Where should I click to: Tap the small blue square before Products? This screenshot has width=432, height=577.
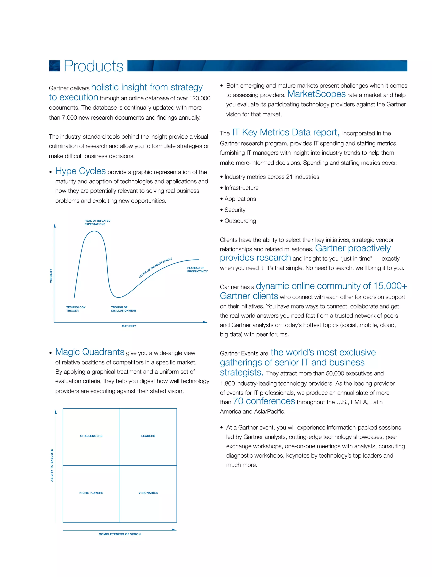(54, 66)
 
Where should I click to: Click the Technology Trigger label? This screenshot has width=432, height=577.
(76, 309)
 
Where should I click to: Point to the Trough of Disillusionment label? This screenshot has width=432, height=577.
(123, 309)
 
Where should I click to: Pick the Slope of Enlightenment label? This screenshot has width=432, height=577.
(155, 268)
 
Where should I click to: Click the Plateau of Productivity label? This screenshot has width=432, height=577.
(197, 269)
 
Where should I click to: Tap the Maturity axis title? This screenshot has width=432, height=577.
(129, 326)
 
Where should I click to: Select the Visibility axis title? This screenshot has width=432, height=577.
(51, 276)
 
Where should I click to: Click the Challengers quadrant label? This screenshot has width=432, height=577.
(91, 436)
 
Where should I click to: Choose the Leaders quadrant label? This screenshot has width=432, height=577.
(148, 436)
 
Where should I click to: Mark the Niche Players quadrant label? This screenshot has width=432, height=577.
(91, 493)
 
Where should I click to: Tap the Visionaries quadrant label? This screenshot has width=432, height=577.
(148, 493)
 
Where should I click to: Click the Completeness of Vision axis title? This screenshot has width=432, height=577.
(120, 534)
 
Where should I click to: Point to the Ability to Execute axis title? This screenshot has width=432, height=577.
(51, 465)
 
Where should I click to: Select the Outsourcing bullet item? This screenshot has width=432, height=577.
(240, 221)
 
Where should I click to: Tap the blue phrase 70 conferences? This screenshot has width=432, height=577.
(264, 401)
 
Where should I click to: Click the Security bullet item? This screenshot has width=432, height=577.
(235, 210)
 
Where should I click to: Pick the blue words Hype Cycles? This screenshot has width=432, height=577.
(80, 171)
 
